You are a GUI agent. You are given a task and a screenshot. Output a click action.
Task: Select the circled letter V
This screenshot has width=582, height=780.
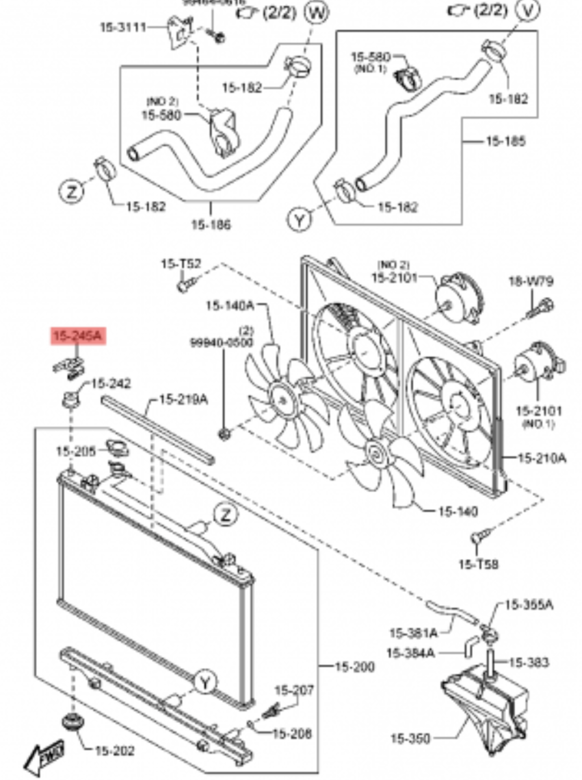(529, 10)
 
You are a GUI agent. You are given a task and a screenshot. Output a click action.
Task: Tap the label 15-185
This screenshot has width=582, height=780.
(505, 140)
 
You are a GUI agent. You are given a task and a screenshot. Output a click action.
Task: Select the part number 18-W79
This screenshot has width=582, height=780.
(531, 281)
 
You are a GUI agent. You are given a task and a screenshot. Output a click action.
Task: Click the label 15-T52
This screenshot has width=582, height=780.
(181, 264)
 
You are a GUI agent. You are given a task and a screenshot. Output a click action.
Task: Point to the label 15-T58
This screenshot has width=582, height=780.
(478, 564)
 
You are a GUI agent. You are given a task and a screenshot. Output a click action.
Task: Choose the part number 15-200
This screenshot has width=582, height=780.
(354, 666)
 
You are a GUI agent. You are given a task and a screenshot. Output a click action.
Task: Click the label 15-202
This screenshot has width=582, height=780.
(114, 751)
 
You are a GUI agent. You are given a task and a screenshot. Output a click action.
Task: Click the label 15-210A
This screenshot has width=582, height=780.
(542, 458)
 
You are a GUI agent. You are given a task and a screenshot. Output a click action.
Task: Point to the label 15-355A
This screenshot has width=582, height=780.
(528, 605)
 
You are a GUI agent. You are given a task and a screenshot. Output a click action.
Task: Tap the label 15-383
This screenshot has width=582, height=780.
(528, 662)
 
